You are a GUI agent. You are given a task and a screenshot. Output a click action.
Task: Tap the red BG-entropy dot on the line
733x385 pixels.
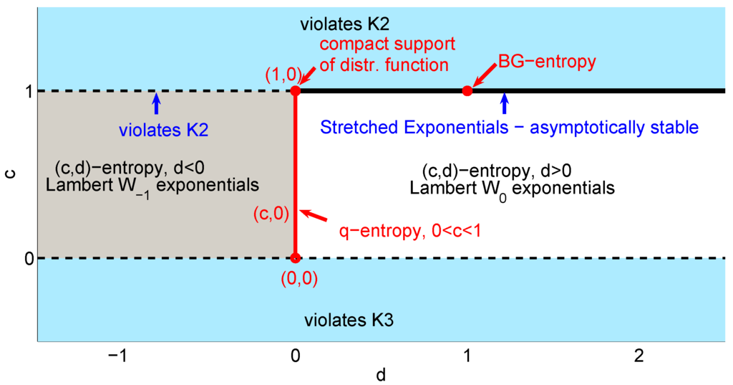[467, 91]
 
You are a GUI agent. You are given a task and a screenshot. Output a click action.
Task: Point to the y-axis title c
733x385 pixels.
[9, 174]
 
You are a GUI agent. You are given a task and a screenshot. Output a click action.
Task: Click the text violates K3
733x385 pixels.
[348, 320]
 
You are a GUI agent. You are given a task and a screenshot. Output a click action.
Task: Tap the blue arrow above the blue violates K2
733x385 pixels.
[157, 103]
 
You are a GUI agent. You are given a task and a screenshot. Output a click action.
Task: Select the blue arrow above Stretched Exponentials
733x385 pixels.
[505, 103]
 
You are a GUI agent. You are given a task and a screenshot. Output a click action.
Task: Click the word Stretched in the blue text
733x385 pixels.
[351, 128]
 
